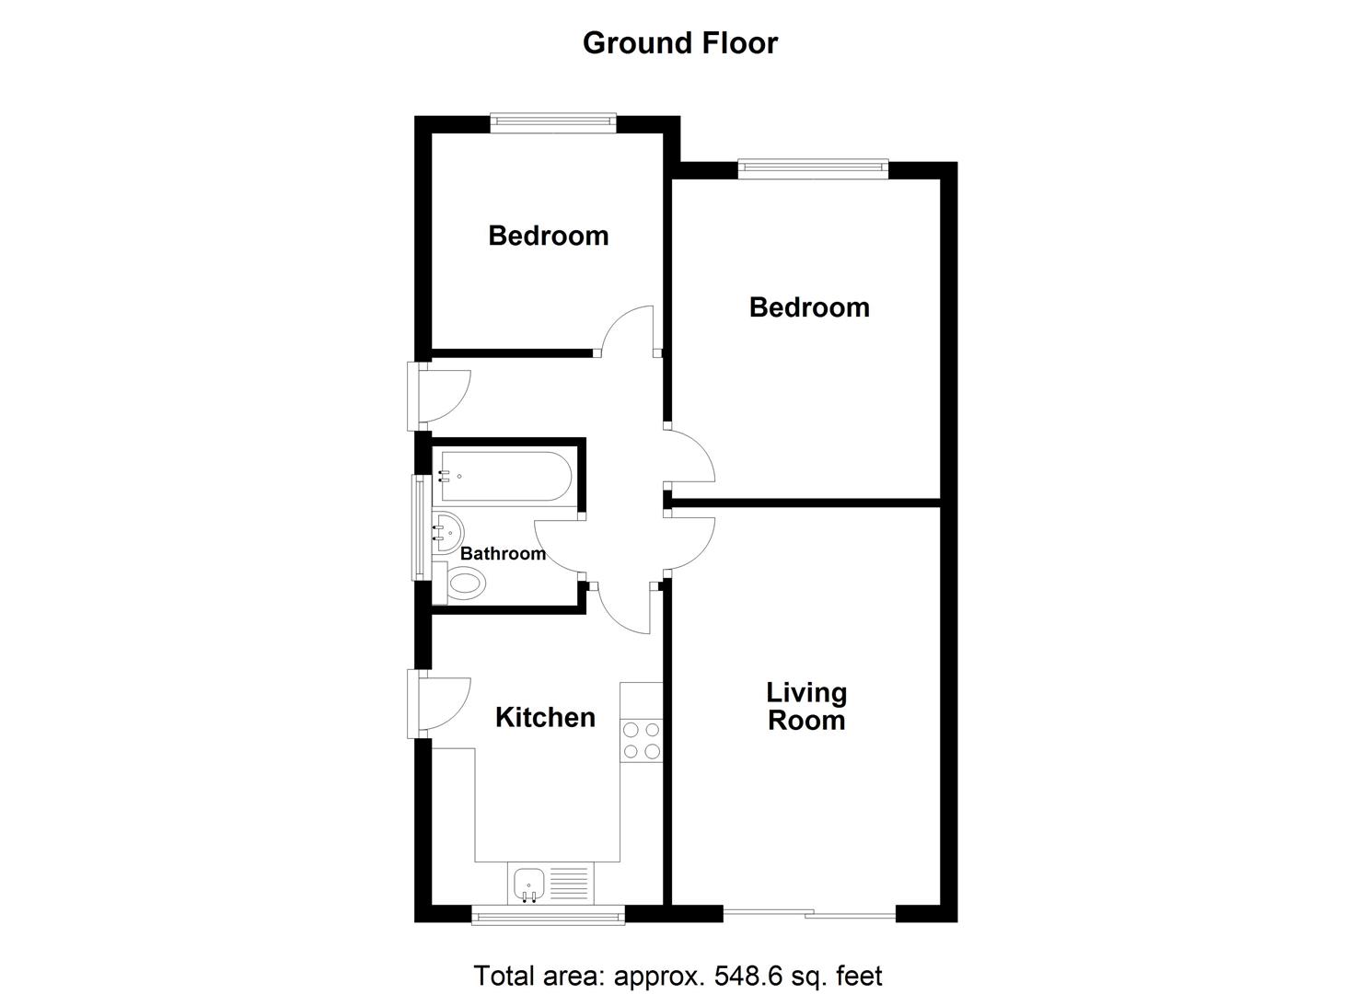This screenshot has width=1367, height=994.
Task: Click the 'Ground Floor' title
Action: (680, 43)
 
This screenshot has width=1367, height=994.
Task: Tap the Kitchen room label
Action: (545, 718)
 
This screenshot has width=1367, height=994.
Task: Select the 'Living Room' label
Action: (806, 706)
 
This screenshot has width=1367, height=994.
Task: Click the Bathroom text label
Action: (503, 554)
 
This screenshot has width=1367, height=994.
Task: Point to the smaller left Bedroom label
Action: (548, 236)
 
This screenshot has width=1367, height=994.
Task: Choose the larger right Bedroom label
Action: (809, 307)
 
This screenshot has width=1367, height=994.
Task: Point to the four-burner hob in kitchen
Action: (642, 741)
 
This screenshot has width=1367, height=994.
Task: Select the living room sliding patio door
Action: (809, 915)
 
